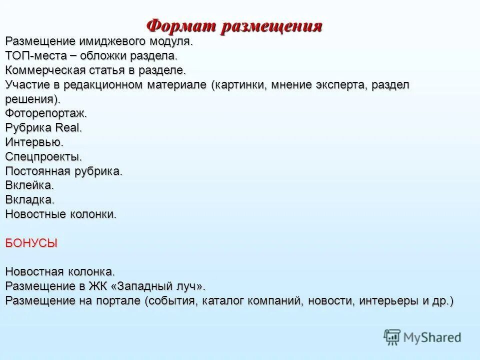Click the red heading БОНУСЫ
tap(31, 243)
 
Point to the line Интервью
tap(34, 142)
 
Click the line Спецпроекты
tap(44, 156)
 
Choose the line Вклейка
tap(29, 185)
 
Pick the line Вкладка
tap(30, 200)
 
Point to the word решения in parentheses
tap(29, 98)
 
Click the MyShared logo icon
tap(392, 337)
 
